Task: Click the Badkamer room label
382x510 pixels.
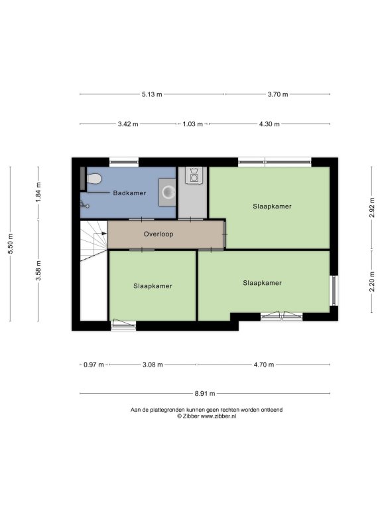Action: [129, 193]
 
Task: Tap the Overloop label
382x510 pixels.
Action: [159, 234]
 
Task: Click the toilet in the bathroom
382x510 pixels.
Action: [94, 179]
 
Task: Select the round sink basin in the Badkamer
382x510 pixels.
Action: [168, 192]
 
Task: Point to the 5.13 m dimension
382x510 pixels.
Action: [152, 94]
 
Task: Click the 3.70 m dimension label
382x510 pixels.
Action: [278, 94]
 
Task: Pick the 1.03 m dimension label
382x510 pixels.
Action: [192, 124]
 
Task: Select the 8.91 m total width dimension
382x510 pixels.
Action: [205, 394]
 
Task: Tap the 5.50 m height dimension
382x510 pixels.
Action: [10, 244]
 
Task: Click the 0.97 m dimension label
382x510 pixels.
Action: [94, 365]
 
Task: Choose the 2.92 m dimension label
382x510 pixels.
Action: [372, 207]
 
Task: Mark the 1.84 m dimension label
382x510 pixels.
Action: [38, 192]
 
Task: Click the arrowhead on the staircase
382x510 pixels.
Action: [104, 233]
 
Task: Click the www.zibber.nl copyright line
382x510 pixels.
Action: [206, 416]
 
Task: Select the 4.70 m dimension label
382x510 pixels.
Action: [264, 365]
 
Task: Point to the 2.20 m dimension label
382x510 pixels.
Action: [372, 282]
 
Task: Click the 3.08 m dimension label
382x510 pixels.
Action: [153, 365]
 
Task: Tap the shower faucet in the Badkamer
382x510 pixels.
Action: [84, 205]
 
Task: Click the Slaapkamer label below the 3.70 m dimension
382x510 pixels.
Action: [272, 207]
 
